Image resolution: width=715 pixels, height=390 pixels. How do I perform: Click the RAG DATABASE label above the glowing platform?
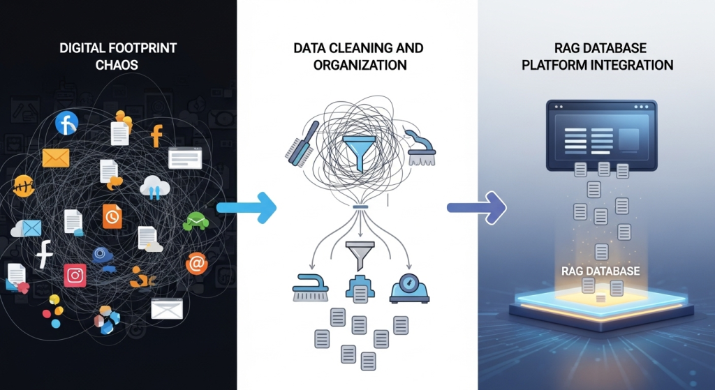600,271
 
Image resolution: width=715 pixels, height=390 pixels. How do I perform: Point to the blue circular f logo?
66,123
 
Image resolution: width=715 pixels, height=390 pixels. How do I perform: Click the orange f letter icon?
156,135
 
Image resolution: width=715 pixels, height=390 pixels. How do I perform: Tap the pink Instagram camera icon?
75,276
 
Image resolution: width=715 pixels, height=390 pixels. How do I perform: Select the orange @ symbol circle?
197,263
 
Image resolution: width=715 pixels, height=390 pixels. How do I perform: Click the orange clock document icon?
112,216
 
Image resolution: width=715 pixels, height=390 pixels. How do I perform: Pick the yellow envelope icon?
56,158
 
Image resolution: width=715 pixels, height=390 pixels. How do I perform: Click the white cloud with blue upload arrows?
154,186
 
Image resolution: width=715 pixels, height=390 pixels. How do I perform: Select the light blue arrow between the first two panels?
246,207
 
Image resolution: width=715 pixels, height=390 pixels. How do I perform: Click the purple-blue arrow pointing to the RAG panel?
476,207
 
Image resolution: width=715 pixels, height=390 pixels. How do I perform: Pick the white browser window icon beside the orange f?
185,158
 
